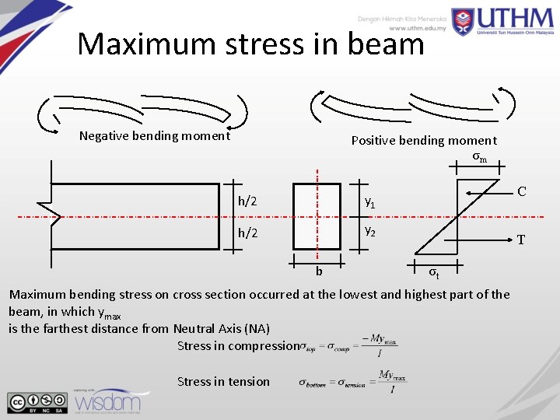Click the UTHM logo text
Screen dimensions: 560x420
pyautogui.click(x=510, y=22)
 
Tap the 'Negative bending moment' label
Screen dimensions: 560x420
pyautogui.click(x=155, y=136)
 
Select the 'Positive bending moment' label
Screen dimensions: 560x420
pyautogui.click(x=423, y=141)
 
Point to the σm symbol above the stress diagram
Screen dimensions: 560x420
pyautogui.click(x=480, y=158)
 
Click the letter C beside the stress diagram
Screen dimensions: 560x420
pyautogui.click(x=521, y=191)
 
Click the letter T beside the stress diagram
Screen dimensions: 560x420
pyautogui.click(x=522, y=240)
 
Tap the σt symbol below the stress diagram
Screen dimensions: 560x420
pyautogui.click(x=435, y=273)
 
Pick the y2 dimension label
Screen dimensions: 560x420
pyautogui.click(x=371, y=233)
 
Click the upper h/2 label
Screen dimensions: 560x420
pyautogui.click(x=247, y=201)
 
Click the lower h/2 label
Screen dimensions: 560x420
pyautogui.click(x=247, y=233)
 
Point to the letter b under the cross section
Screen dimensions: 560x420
pyautogui.click(x=319, y=271)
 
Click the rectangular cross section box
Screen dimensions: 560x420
pyautogui.click(x=317, y=216)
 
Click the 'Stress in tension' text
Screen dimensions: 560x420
pyautogui.click(x=223, y=381)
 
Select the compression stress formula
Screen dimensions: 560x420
pyautogui.click(x=349, y=346)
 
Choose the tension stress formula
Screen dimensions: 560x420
pyautogui.click(x=352, y=381)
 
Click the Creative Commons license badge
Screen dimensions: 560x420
pyautogui.click(x=37, y=401)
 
